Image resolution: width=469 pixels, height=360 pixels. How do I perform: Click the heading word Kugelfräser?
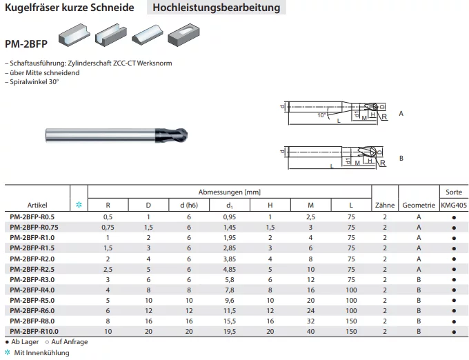pyautogui.click(x=32, y=8)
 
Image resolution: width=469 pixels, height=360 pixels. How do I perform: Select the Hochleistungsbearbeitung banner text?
pyautogui.click(x=217, y=8)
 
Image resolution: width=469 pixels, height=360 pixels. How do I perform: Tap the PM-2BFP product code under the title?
pyautogui.click(x=26, y=44)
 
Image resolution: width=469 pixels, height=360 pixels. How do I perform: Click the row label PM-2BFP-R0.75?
pyautogui.click(x=34, y=228)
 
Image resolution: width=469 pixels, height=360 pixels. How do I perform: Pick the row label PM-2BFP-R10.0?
pyautogui.click(x=34, y=331)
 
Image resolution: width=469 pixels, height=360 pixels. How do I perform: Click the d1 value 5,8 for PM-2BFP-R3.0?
pyautogui.click(x=230, y=279)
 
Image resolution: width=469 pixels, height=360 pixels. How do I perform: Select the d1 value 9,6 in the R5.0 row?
pyautogui.click(x=230, y=300)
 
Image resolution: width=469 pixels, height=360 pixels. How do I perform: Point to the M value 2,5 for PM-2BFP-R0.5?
pyautogui.click(x=310, y=217)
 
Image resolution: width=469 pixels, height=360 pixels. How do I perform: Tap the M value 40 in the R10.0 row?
pyautogui.click(x=310, y=331)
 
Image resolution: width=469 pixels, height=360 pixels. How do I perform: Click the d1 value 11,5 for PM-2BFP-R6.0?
pyautogui.click(x=230, y=310)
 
